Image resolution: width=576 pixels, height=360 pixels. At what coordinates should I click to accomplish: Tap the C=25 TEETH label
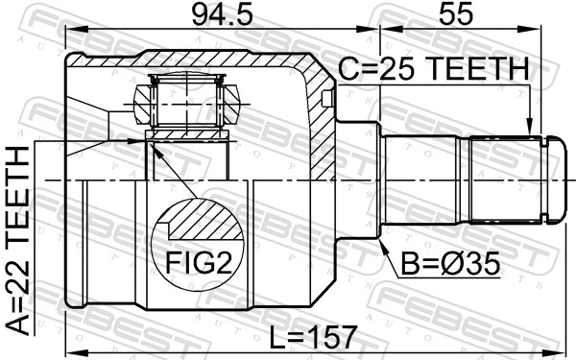point(432,71)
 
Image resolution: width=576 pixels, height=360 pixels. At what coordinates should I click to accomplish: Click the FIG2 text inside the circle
point(200,261)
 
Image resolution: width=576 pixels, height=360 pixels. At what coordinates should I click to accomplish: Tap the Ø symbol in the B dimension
point(476,261)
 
